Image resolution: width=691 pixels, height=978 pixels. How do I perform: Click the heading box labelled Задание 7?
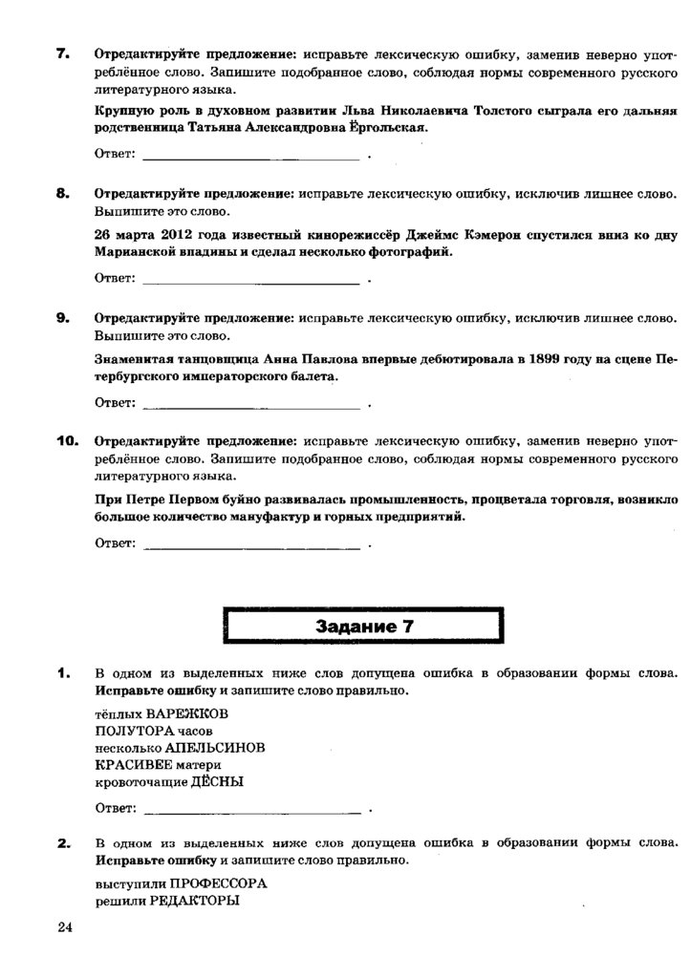[364, 627]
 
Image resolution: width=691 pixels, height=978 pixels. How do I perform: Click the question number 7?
[62, 54]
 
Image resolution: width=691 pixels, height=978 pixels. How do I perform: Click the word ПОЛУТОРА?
[128, 730]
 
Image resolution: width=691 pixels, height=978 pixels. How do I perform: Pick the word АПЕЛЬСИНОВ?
[215, 747]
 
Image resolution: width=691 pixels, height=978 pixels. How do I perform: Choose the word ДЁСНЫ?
[217, 781]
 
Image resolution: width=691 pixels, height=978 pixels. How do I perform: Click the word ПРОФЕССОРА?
[219, 883]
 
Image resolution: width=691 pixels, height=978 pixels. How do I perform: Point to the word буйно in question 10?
[249, 499]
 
